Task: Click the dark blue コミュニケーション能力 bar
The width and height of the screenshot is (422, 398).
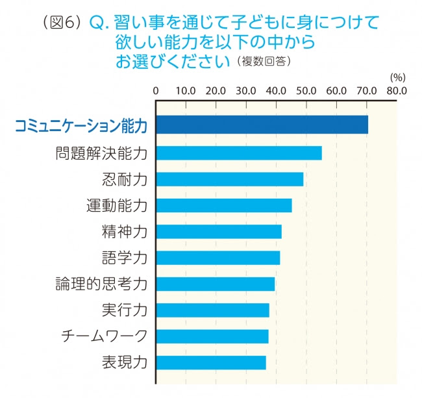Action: coord(262,125)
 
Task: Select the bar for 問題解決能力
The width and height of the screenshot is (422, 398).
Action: coord(239,153)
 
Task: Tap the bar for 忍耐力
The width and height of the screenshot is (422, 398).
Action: coord(230,179)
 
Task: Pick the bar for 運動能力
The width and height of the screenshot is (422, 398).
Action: coord(224,205)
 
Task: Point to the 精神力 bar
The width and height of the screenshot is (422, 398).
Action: coord(219,232)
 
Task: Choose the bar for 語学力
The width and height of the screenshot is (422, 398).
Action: coord(218,258)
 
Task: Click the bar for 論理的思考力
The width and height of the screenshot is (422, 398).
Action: coord(216,284)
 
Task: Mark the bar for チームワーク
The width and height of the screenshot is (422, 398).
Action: coord(212,336)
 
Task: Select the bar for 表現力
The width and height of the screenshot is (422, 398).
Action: coord(211,362)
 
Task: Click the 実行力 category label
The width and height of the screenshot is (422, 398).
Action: coord(125,310)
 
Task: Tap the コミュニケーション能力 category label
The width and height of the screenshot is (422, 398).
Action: coord(81,125)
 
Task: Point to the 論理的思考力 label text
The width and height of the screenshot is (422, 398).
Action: coord(101,284)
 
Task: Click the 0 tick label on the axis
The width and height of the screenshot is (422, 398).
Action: coord(156,91)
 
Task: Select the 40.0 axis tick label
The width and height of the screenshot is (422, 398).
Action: coord(276,91)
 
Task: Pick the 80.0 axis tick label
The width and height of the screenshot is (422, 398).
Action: coord(397,91)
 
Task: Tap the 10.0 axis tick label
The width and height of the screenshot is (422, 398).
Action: coord(186,91)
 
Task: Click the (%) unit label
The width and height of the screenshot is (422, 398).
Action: coord(398,78)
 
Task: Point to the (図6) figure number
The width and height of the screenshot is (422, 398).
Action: coord(62,22)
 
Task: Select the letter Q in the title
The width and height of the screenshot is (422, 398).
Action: coord(96,23)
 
